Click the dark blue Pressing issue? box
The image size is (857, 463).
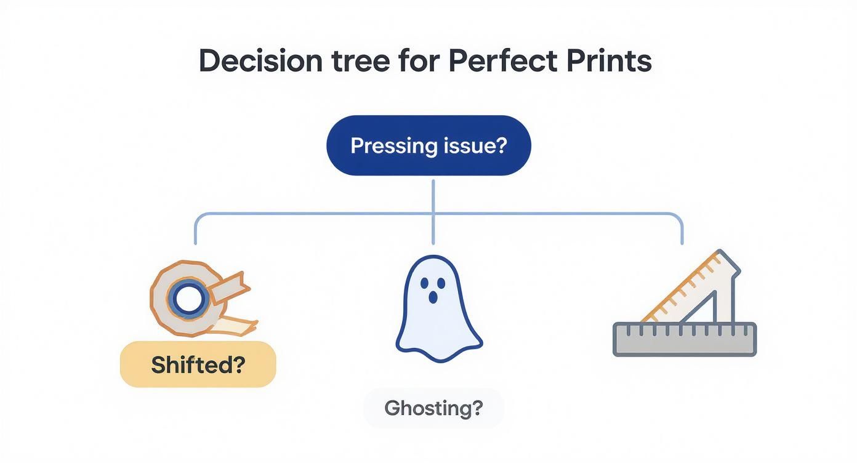[428, 146]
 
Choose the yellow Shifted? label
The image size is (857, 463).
[198, 364]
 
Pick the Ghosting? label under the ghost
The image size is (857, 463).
[433, 408]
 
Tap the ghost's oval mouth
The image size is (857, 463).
[433, 297]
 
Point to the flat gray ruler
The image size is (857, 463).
[685, 339]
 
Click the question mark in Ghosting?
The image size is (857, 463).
[477, 408]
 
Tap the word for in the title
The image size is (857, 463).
[417, 62]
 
